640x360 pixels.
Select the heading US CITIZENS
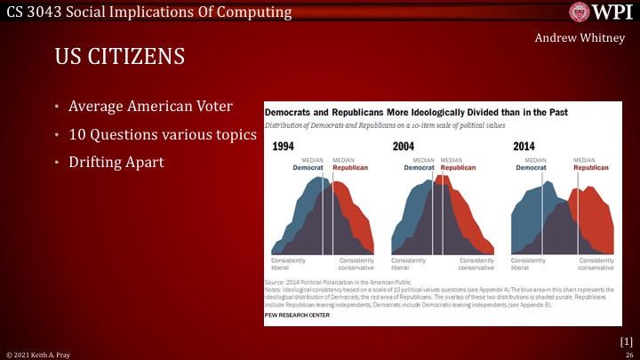[119, 58]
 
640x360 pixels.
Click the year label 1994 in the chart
[284, 147]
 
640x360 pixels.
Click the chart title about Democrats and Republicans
[416, 113]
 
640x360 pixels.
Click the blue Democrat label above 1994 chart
[309, 167]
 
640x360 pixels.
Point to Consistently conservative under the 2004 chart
[476, 264]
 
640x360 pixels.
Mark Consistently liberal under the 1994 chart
[289, 264]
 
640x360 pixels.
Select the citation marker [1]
[626, 340]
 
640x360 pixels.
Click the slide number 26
[628, 354]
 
